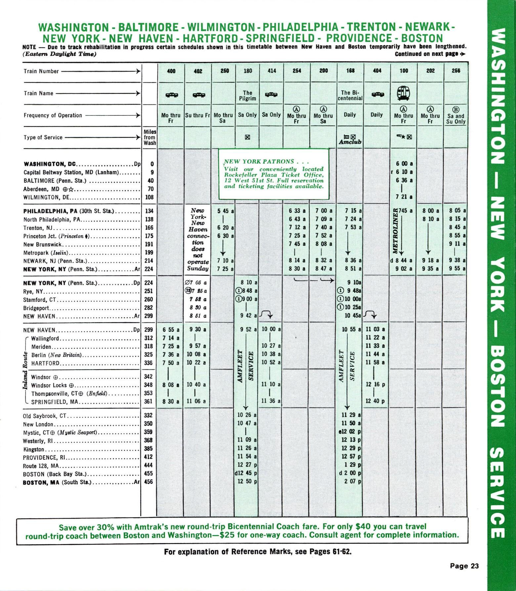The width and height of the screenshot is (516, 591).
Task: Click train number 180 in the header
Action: pos(247,71)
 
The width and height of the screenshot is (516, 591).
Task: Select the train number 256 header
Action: pos(456,71)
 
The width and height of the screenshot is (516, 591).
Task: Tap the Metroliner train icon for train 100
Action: pos(403,93)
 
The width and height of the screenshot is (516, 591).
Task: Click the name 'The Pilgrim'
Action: pos(247,96)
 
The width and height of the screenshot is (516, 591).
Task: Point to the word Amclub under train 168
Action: pos(350,142)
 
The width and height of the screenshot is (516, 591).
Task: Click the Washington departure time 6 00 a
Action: pos(404,164)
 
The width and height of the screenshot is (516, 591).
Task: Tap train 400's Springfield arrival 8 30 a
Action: pos(171,401)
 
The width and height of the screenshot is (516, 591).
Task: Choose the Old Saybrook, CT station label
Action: pos(45,416)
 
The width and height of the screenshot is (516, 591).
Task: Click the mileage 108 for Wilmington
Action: pos(149,197)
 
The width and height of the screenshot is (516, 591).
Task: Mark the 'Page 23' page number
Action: pos(464,566)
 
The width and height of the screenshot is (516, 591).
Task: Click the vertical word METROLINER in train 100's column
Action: pos(394,231)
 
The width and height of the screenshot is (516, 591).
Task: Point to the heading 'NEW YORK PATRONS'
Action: pos(259,162)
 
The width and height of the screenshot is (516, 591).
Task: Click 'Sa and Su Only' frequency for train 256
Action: pos(456,119)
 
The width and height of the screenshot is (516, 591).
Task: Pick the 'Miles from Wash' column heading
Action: pos(150,137)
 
